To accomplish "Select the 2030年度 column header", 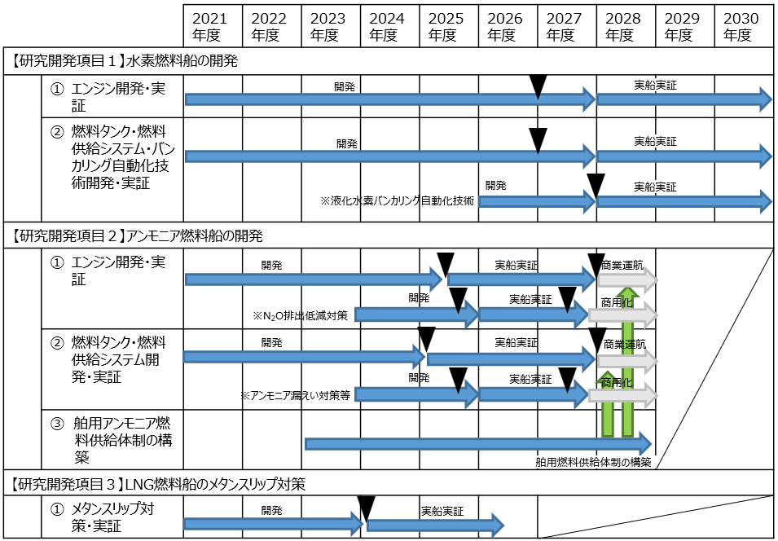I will pyautogui.click(x=743, y=27).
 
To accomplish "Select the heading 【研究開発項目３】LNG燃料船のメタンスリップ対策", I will pyautogui.click(x=158, y=485).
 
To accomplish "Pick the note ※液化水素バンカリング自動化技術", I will pyautogui.click(x=397, y=200).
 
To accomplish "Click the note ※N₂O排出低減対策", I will pyautogui.click(x=300, y=315).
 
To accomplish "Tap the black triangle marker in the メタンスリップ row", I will pyautogui.click(x=366, y=509).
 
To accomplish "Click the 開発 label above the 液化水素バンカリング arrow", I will pyautogui.click(x=495, y=185).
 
